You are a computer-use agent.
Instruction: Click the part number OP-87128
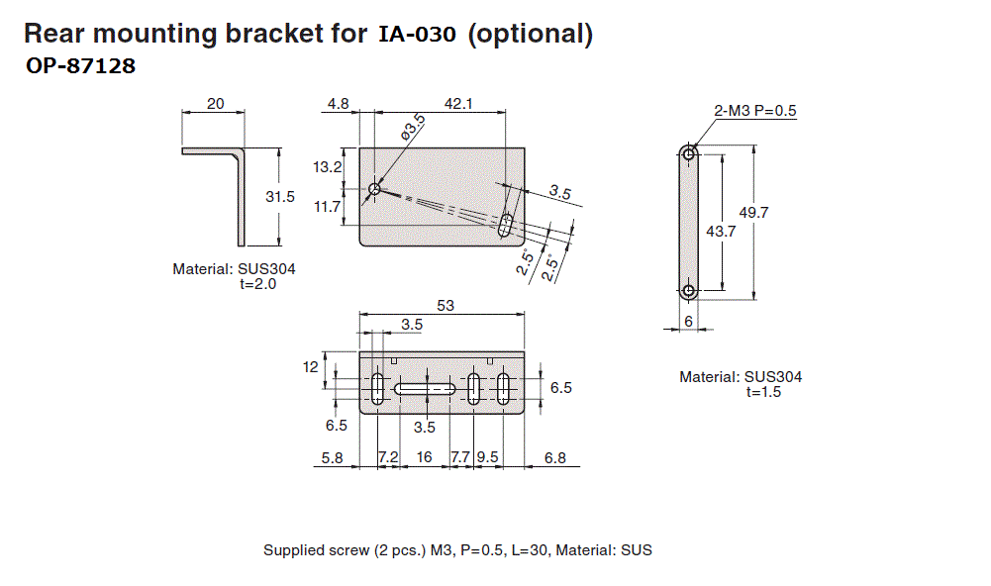(80, 68)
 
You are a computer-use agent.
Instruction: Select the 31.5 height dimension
(280, 197)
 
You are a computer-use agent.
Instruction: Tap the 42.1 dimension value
(458, 103)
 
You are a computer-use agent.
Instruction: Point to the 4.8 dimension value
(338, 103)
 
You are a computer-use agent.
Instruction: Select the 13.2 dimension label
(328, 167)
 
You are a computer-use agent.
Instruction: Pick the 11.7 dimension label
(328, 207)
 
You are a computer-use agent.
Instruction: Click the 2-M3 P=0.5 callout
(755, 111)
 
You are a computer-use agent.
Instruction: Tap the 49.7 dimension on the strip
(754, 212)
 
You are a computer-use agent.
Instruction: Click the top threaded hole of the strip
(689, 153)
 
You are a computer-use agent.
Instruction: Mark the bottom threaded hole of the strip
(689, 291)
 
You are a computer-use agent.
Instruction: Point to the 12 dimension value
(311, 366)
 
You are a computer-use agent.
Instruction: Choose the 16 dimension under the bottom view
(425, 457)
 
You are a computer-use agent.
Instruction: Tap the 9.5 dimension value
(488, 457)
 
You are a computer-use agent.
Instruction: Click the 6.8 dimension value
(555, 457)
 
